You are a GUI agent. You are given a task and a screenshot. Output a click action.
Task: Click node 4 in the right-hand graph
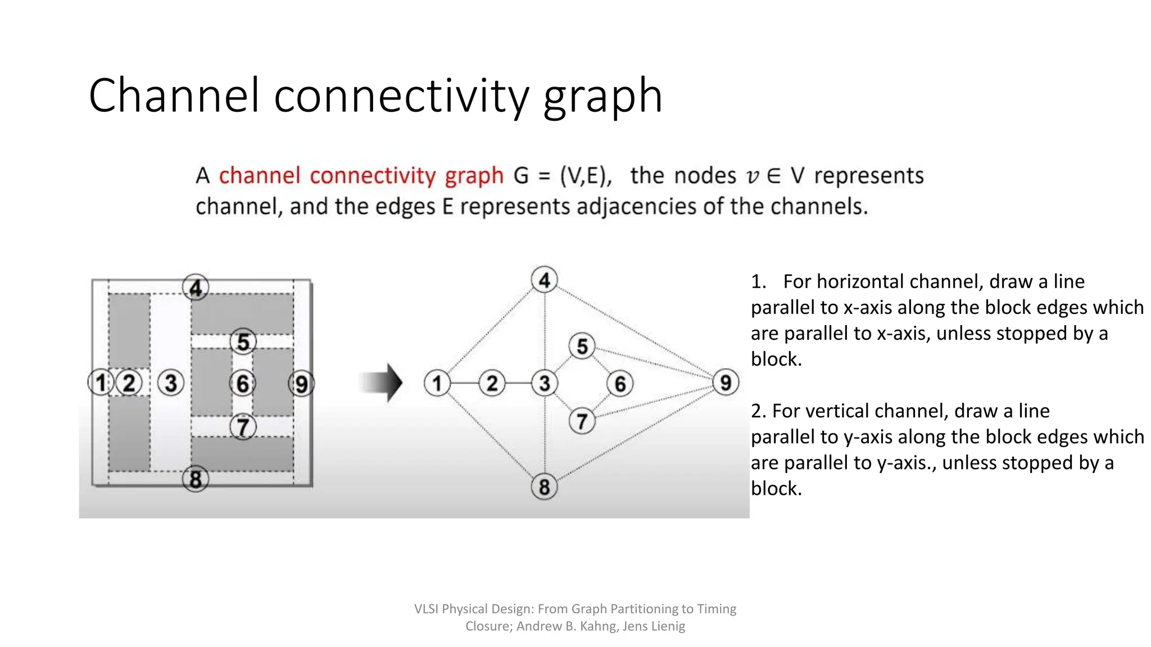tap(544, 280)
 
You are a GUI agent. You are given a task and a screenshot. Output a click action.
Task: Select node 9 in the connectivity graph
tap(726, 382)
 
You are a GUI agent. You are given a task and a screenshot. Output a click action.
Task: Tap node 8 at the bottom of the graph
tap(544, 486)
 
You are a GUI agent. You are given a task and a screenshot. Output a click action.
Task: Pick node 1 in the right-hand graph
tap(437, 383)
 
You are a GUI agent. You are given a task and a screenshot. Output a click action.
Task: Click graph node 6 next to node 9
tap(620, 384)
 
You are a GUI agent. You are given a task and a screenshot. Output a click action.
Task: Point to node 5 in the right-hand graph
tap(582, 346)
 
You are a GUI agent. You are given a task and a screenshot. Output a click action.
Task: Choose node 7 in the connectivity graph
tap(582, 421)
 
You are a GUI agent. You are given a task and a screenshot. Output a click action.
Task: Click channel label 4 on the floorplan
tap(195, 288)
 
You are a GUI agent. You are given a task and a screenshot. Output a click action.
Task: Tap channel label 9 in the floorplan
tap(301, 384)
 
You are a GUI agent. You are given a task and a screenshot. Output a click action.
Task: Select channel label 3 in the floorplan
tap(171, 383)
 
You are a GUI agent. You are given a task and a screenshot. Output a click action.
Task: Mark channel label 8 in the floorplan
tap(195, 479)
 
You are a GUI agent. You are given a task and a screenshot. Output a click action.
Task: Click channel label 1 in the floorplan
tap(101, 382)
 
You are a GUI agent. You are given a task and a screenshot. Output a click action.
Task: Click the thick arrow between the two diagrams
tap(382, 382)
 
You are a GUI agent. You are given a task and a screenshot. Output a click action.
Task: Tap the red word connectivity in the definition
tap(372, 176)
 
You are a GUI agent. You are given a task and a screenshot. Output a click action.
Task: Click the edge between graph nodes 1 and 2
tap(464, 383)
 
